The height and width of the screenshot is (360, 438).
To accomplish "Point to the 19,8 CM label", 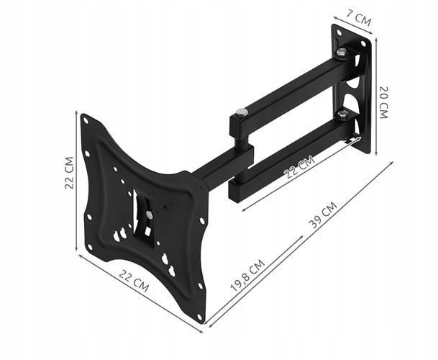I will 247,274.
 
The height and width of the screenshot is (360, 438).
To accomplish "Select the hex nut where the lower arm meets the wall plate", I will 342,112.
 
